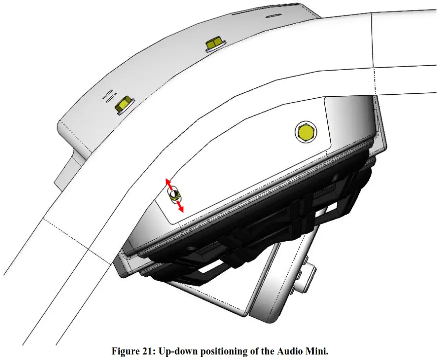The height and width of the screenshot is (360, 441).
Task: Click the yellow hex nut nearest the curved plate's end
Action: [x=122, y=104]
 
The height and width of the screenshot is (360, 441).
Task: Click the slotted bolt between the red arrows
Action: [x=174, y=195]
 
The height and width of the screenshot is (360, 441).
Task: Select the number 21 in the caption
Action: [x=147, y=351]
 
